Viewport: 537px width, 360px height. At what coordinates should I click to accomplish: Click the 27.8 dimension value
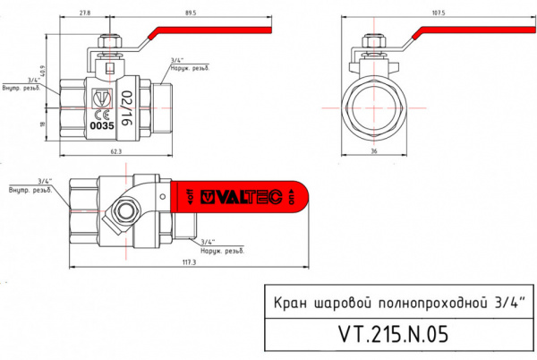coord(84,13)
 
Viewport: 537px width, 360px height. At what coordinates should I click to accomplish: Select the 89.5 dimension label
coord(190,13)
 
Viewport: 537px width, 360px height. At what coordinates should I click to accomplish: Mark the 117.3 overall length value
coord(187,261)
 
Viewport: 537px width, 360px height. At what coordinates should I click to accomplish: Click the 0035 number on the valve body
coord(101,126)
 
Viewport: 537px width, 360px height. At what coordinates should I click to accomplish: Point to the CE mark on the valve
coord(103,114)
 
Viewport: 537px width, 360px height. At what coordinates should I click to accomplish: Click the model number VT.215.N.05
coord(393,334)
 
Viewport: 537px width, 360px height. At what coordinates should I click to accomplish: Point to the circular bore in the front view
coord(373,106)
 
